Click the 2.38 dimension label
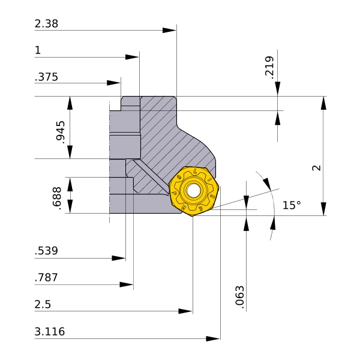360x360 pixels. [x=46, y=23]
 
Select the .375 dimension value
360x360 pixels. [x=46, y=77]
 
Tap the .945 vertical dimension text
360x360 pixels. [x=61, y=132]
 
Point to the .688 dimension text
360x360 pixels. [x=57, y=198]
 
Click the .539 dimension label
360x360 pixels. [x=46, y=251]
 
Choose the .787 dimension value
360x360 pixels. [x=46, y=277]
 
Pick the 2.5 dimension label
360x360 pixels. [x=43, y=304]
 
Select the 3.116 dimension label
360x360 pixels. [x=50, y=332]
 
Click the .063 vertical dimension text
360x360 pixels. [x=239, y=297]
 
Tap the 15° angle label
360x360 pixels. [x=292, y=205]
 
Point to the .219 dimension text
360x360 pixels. [x=269, y=67]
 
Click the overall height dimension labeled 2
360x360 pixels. [x=316, y=168]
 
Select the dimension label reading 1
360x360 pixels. [x=38, y=50]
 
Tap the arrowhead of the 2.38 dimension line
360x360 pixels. [x=169, y=31]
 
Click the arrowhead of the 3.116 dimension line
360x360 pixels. [x=213, y=338]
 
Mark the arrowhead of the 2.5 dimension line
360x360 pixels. [x=185, y=311]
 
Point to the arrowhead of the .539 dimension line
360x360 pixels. [x=118, y=258]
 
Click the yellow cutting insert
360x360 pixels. [x=194, y=191]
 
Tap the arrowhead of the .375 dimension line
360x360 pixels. [x=113, y=83]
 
